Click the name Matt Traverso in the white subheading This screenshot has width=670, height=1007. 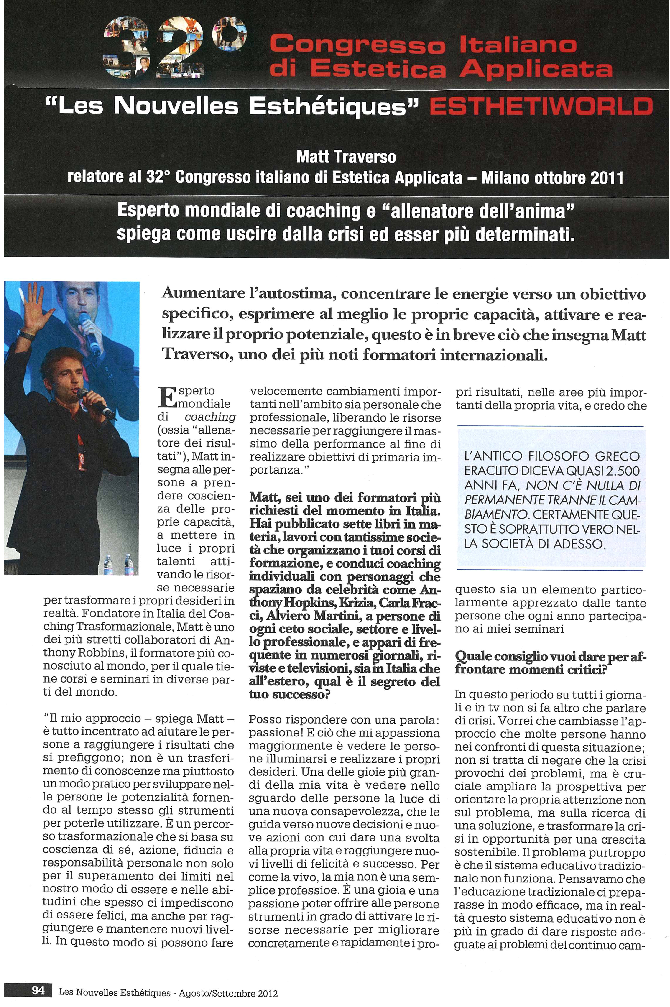tap(346, 157)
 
